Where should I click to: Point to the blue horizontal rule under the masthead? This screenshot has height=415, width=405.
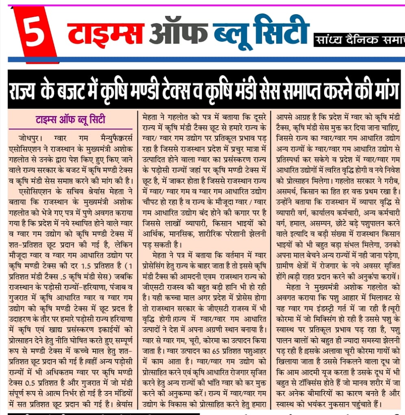click(203, 59)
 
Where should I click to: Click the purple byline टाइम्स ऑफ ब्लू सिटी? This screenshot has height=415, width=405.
click(72, 120)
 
